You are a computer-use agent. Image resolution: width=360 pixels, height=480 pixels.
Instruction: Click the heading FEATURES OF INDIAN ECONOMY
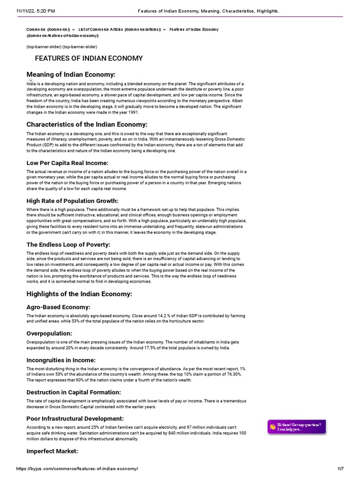pyautogui.click(x=89, y=59)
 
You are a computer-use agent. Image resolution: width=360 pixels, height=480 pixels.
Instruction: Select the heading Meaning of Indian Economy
pyautogui.click(x=71, y=75)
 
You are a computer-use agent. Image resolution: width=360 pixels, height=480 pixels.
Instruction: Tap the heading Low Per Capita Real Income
pyautogui.click(x=67, y=163)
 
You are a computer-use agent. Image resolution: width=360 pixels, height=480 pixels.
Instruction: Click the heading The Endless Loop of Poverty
pyautogui.click(x=68, y=245)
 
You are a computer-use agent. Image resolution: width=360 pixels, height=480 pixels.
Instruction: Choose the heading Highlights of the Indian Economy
pyautogui.click(x=79, y=294)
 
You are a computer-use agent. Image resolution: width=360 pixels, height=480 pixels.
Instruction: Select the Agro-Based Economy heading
pyautogui.click(x=59, y=307)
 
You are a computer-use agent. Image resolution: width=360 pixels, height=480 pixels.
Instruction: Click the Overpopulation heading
pyautogui.click(x=49, y=333)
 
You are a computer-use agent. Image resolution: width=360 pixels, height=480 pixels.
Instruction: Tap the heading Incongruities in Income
pyautogui.click(x=61, y=360)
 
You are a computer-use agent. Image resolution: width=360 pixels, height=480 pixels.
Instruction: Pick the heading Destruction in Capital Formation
pyautogui.click(x=74, y=392)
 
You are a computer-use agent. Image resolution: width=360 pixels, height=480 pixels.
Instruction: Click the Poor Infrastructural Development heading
pyautogui.click(x=75, y=418)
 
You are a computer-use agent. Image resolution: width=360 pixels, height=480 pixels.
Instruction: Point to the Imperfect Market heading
pyautogui.click(x=52, y=451)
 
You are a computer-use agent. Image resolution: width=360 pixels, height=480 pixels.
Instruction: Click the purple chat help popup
pyautogui.click(x=296, y=427)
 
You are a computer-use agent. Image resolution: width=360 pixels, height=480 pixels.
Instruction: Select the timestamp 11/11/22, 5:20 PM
pyautogui.click(x=35, y=10)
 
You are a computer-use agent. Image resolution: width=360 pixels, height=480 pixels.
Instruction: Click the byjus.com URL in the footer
pyautogui.click(x=77, y=469)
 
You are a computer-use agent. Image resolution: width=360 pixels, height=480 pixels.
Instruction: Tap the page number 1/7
pyautogui.click(x=340, y=469)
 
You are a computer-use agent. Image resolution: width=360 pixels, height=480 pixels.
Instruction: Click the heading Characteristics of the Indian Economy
pyautogui.click(x=87, y=124)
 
